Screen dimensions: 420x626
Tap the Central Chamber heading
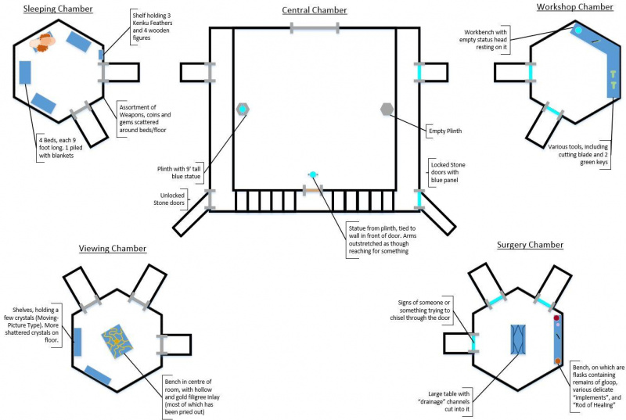[315, 10]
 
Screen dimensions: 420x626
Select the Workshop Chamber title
[574, 7]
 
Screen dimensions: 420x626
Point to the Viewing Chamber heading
[113, 249]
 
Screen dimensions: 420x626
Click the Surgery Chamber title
[530, 245]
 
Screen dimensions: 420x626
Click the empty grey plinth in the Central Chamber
[387, 109]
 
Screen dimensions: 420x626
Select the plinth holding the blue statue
[243, 109]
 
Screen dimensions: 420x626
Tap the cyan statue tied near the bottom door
[313, 174]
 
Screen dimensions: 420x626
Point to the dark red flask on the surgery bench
[556, 319]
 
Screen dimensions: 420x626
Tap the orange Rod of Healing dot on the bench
[558, 361]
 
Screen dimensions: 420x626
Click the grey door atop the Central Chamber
[315, 28]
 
